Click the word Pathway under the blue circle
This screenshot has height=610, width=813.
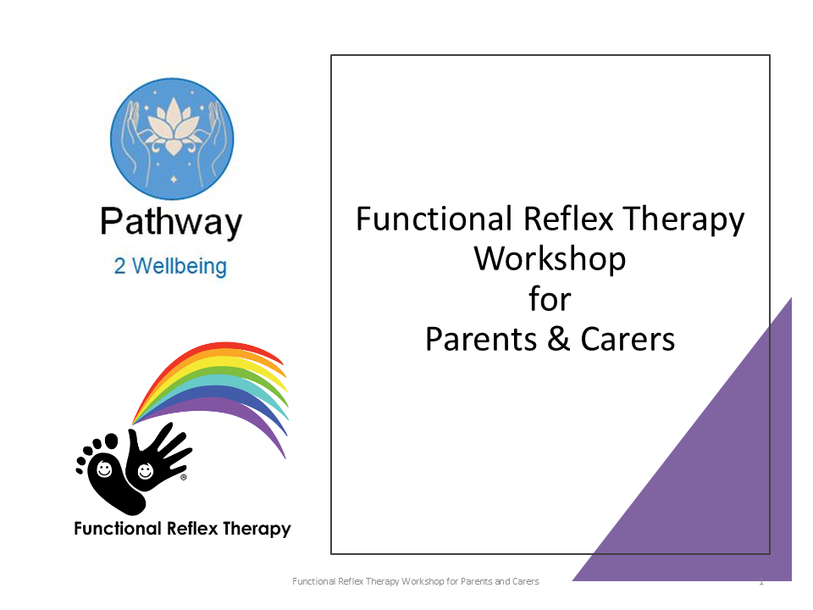(171, 222)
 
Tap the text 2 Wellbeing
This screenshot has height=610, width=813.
(170, 266)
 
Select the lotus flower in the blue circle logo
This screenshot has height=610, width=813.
(173, 127)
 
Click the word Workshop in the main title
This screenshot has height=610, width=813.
(550, 259)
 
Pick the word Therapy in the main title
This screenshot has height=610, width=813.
(683, 219)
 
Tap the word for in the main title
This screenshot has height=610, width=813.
(550, 299)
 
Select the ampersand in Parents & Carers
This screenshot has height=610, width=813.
(558, 339)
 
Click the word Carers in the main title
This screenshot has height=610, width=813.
(628, 339)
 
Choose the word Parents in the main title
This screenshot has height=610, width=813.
(481, 339)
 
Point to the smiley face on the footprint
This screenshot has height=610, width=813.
(104, 469)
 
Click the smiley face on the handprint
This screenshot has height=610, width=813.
(145, 471)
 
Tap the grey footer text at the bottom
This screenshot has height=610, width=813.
(415, 581)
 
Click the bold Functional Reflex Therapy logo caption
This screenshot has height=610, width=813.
(182, 529)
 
